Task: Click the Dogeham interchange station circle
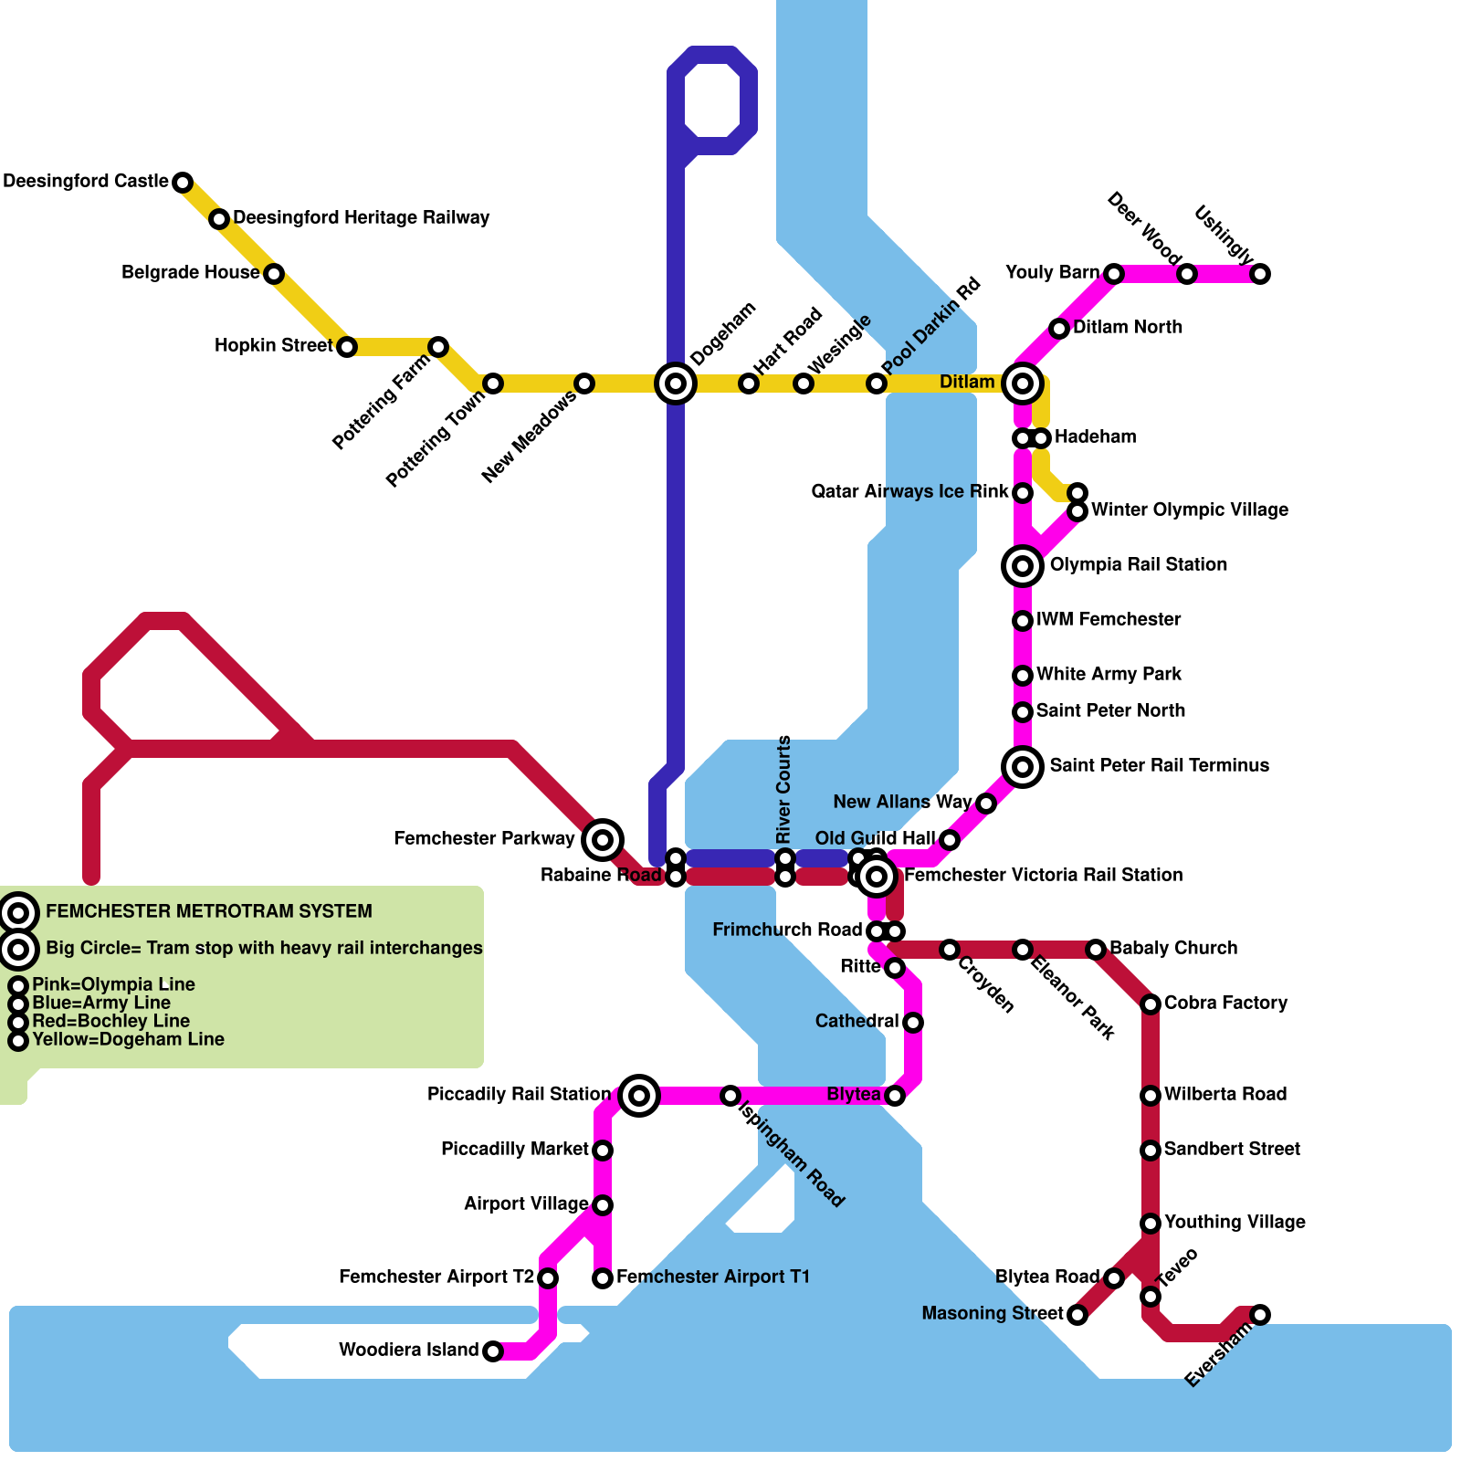click(x=676, y=384)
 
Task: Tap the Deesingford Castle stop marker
click(x=183, y=183)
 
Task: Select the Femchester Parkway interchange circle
click(x=603, y=839)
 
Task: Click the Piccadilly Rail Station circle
click(x=639, y=1095)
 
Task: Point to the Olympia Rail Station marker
click(x=1023, y=566)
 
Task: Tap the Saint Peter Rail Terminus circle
click(x=1023, y=766)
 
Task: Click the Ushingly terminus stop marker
click(x=1260, y=274)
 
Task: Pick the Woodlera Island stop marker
click(x=493, y=1351)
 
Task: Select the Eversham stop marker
click(x=1260, y=1315)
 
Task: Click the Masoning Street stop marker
click(x=1077, y=1315)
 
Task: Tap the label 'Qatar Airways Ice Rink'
click(x=909, y=492)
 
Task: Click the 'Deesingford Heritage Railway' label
click(x=362, y=218)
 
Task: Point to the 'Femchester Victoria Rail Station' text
click(x=1043, y=876)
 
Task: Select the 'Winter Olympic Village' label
click(x=1189, y=510)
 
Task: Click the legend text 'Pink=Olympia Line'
click(x=113, y=985)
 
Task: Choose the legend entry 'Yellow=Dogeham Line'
click(x=128, y=1040)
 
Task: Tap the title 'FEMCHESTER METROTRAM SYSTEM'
click(x=208, y=911)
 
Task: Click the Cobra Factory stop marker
click(x=1151, y=1004)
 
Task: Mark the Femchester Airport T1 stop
click(x=603, y=1278)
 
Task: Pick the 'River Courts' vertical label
click(x=783, y=791)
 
